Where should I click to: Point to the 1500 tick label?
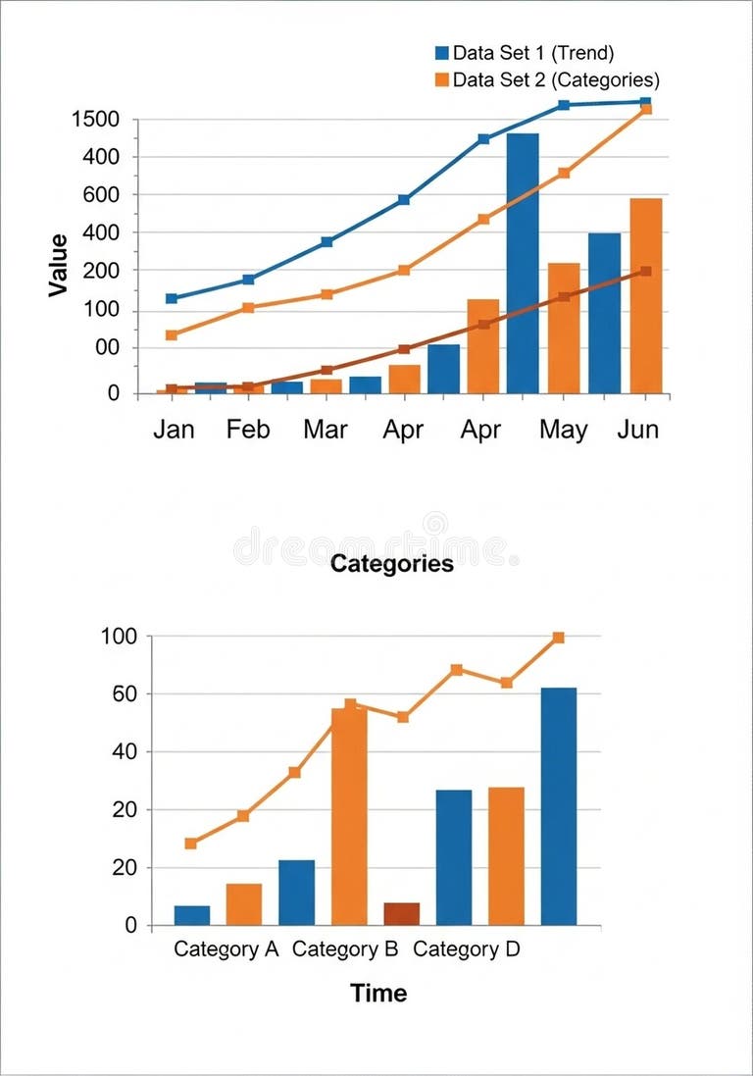tap(96, 120)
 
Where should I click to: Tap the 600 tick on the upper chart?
tap(102, 195)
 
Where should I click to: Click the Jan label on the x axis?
tap(174, 430)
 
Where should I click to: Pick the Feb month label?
tap(248, 430)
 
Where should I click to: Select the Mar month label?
tap(325, 430)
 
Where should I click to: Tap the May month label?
tap(564, 430)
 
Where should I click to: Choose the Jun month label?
tap(638, 430)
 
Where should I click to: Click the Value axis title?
tap(59, 265)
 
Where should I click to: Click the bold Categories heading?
tap(392, 564)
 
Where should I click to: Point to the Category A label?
tap(226, 949)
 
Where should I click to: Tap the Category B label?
tap(345, 949)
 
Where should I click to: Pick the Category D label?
tap(467, 949)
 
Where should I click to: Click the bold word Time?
tap(378, 993)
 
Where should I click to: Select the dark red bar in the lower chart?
tap(402, 913)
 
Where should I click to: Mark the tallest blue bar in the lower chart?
tap(559, 806)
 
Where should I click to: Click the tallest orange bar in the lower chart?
tap(349, 816)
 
